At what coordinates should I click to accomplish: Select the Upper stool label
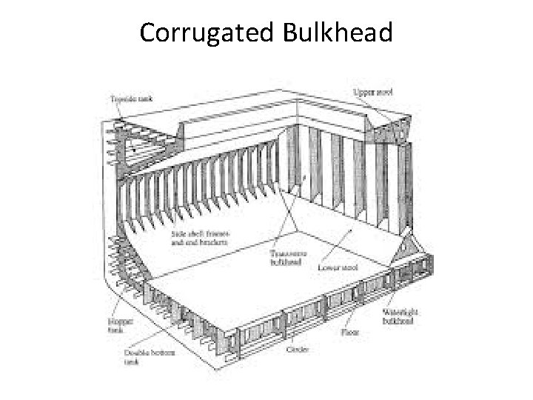[x=378, y=92]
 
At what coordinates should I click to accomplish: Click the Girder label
[x=296, y=348]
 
